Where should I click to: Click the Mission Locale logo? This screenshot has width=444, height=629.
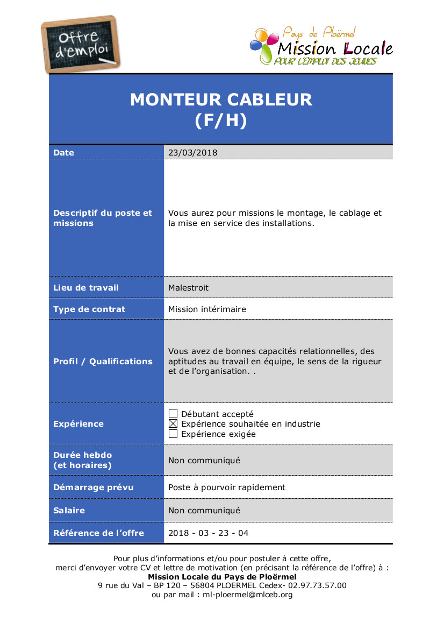click(x=321, y=46)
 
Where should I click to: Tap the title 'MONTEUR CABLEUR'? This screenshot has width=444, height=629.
click(x=221, y=100)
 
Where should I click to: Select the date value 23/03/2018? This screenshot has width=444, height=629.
click(x=193, y=153)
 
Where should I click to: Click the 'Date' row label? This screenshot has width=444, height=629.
click(x=64, y=153)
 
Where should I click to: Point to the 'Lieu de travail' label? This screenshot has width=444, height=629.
click(x=86, y=288)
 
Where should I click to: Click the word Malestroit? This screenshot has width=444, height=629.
click(x=188, y=288)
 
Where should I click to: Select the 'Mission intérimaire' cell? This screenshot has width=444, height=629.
click(x=207, y=309)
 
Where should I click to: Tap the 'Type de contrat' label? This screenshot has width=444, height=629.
click(x=89, y=309)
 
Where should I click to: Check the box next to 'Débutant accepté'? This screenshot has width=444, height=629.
click(x=173, y=414)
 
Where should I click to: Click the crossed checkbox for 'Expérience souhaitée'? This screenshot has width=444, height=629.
click(x=173, y=424)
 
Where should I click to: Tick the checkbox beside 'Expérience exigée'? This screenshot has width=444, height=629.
click(x=173, y=434)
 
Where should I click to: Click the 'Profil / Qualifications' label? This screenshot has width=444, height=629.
click(x=103, y=362)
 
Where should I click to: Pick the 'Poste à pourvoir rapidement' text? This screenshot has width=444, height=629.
click(x=227, y=487)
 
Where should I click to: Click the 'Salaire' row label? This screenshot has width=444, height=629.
click(x=69, y=511)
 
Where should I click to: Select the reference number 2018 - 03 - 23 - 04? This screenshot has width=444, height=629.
click(x=209, y=533)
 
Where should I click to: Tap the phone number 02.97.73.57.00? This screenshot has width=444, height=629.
click(x=317, y=585)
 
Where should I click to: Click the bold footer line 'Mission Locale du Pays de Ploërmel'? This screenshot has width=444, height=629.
click(x=222, y=576)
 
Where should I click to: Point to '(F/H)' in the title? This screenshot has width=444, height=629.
click(x=221, y=121)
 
